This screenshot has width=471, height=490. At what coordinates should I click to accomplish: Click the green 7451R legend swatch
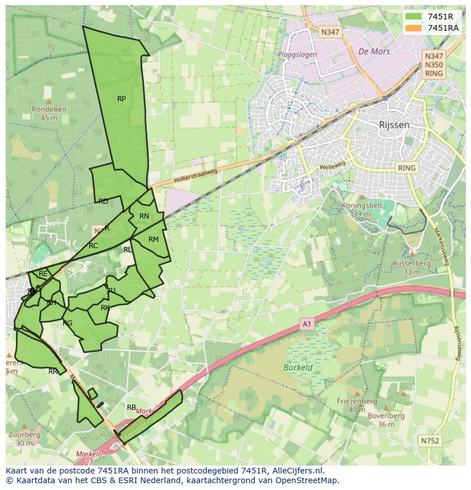(x=414, y=17)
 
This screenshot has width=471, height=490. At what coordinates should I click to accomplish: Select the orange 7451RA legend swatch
(x=414, y=28)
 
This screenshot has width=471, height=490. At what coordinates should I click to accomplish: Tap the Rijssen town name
(x=394, y=125)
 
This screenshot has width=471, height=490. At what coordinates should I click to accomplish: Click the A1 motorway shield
(x=307, y=324)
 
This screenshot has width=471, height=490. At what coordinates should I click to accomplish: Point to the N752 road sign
(x=430, y=440)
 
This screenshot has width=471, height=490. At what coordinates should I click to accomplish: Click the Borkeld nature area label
(x=298, y=368)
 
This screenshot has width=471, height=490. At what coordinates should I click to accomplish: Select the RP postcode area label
(x=121, y=99)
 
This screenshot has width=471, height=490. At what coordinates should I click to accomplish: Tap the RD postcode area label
(x=103, y=201)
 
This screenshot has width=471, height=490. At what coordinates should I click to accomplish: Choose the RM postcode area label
(x=153, y=240)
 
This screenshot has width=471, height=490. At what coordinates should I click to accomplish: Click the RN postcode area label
(x=144, y=216)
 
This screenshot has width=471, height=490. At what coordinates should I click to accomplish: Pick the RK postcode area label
(x=105, y=308)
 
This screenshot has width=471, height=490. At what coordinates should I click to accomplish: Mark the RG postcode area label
(x=68, y=323)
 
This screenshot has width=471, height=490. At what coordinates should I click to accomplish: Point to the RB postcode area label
(x=131, y=407)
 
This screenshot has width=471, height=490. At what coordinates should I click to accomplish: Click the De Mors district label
(x=374, y=51)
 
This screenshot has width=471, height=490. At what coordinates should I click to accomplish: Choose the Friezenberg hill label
(x=357, y=401)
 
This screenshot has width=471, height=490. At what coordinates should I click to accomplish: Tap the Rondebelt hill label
(x=49, y=109)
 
